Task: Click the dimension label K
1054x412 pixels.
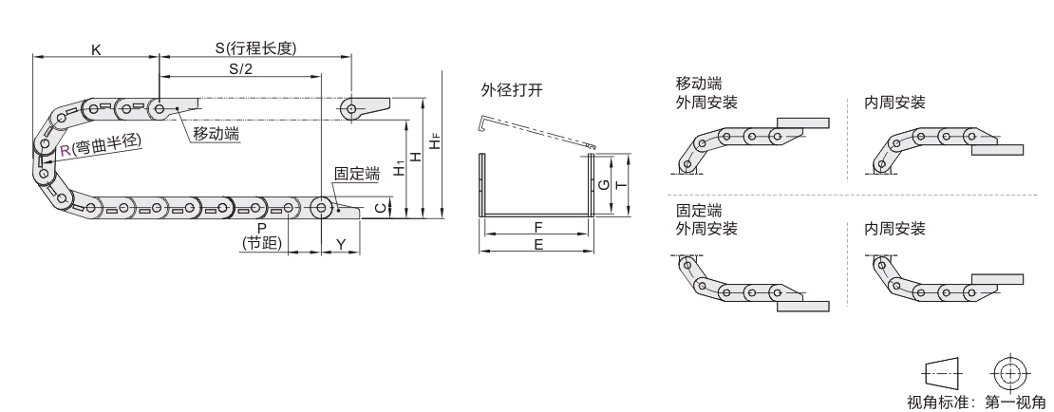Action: pos(96,49)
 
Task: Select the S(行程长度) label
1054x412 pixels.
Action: pos(255,48)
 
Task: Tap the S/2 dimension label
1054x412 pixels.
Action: pos(240,69)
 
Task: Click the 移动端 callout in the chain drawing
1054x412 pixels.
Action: pos(216,134)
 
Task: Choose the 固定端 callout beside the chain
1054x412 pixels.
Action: pos(357,174)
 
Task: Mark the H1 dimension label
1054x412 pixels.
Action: pos(399,169)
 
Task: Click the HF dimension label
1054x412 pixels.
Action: pos(436,141)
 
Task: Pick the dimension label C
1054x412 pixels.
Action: pos(381,209)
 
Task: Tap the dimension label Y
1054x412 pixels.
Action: pos(341,243)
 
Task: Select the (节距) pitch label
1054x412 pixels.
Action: pos(261,243)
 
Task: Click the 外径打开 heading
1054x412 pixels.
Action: pos(512,91)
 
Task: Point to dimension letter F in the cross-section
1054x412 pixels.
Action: pos(538,227)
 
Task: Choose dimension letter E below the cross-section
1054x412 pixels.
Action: pos(538,245)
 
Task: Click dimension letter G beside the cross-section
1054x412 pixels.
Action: pos(604,185)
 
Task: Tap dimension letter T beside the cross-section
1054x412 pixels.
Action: pos(622,185)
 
